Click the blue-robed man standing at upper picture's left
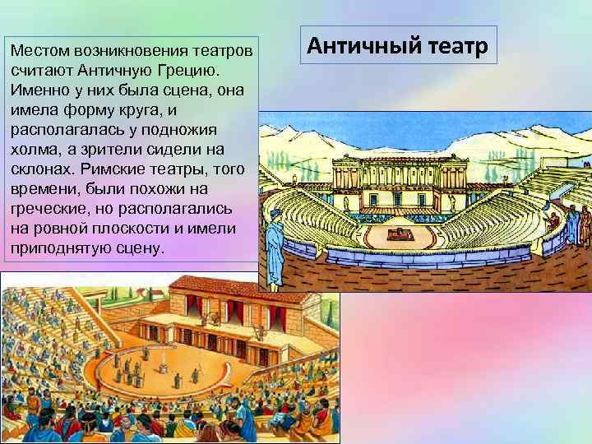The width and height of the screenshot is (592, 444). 273,238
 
